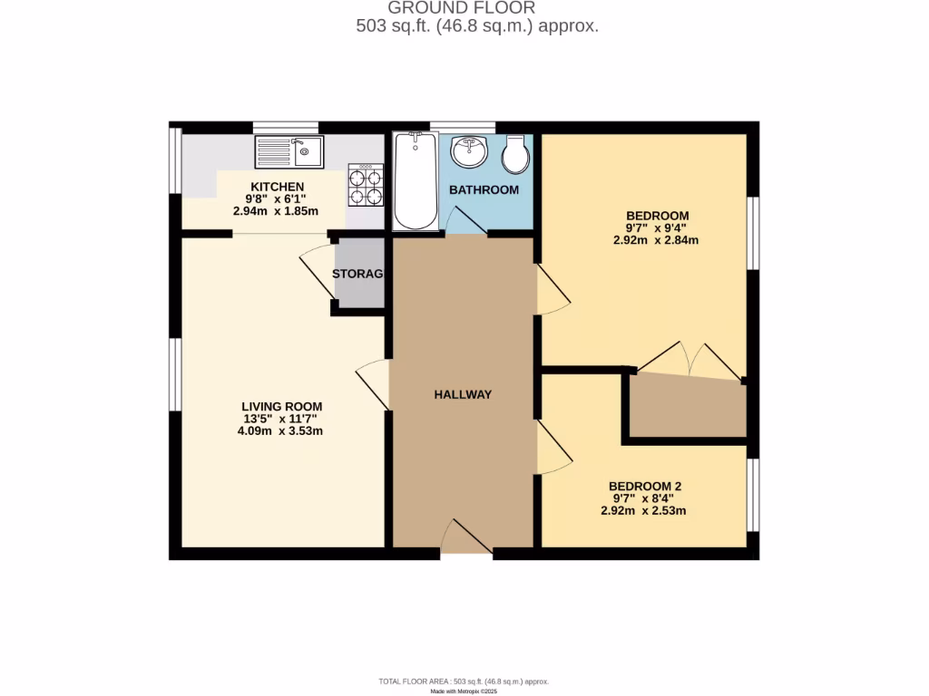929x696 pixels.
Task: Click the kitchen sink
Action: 288,151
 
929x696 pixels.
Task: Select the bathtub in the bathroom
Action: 416,181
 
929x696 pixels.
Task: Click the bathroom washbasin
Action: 470,151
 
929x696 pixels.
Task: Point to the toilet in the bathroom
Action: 516,155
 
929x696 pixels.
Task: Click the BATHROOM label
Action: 484,190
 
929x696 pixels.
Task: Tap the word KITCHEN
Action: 259,187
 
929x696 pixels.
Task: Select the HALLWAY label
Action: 463,394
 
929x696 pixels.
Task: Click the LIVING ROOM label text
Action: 281,406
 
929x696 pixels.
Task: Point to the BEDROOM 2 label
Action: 644,486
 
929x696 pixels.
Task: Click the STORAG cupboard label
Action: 358,274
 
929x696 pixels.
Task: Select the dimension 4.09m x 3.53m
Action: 281,431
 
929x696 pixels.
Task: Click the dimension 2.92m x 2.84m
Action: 655,240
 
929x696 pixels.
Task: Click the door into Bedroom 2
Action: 553,449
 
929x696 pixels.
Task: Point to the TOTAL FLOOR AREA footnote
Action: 464,681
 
